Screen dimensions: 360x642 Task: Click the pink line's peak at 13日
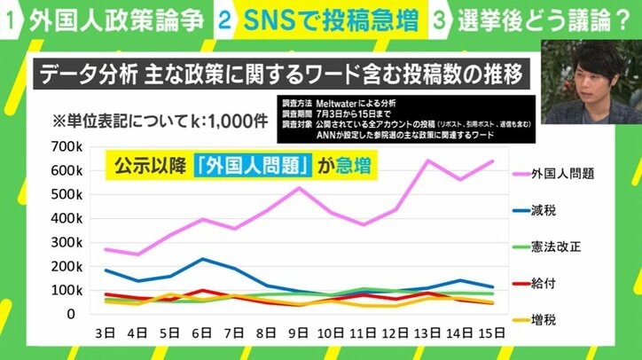[x=429, y=160]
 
